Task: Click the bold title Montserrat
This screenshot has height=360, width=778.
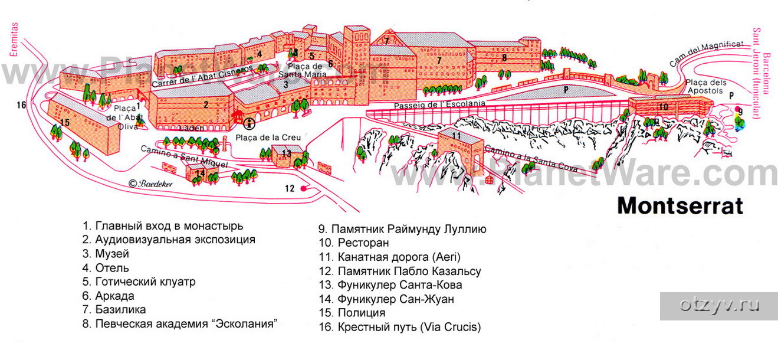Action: [679, 207]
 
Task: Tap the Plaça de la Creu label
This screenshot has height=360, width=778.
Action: [268, 138]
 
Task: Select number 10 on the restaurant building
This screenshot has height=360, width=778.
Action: [663, 107]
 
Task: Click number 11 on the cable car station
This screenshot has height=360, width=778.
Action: [456, 136]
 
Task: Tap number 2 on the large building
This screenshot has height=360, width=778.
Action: [206, 105]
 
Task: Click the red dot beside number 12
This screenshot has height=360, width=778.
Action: [303, 189]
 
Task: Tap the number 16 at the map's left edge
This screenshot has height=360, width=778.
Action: [22, 106]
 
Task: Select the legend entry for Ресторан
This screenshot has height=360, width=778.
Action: [353, 243]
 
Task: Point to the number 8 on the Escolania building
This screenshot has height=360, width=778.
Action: [504, 58]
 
